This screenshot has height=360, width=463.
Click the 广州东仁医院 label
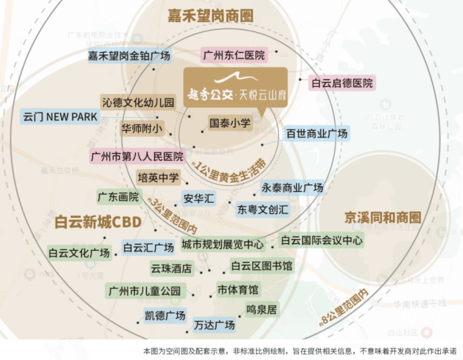(234, 55)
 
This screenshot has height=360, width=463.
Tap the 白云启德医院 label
(342, 83)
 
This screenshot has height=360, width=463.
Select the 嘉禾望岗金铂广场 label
(130, 56)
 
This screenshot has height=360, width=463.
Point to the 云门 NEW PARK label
(60, 116)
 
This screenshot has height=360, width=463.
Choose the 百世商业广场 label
(316, 134)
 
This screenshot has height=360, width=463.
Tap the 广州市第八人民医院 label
(137, 156)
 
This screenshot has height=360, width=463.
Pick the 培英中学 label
(158, 177)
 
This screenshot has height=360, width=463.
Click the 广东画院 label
(118, 197)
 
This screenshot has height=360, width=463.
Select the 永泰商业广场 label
(292, 188)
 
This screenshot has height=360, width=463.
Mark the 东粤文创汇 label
(263, 209)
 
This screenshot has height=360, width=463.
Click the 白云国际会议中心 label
(321, 240)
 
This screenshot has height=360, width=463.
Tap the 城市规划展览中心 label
(223, 244)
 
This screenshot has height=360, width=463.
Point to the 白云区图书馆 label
(261, 266)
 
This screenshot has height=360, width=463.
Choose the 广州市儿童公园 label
(145, 291)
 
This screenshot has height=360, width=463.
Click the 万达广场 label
(214, 325)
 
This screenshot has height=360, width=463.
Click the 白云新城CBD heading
(98, 222)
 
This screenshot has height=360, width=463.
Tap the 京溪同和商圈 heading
(382, 217)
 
